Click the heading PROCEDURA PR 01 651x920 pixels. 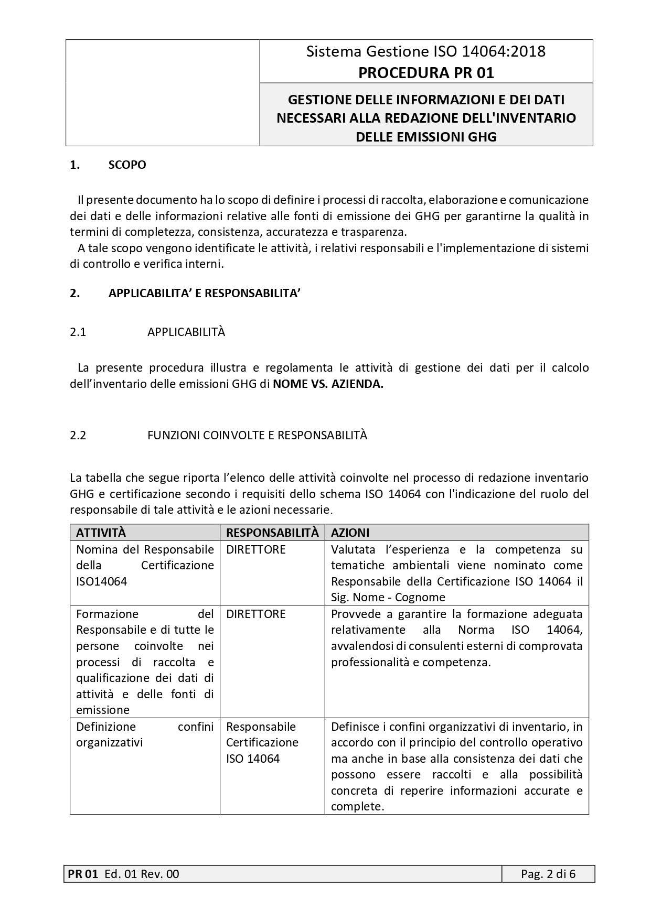coord(426,73)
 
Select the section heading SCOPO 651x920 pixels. coord(127,165)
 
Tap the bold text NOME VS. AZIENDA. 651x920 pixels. coord(328,384)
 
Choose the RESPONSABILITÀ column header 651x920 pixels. coord(272,533)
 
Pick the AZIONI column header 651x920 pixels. coord(350,533)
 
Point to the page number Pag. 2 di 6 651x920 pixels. coord(548,874)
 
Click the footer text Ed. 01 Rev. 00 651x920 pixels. coord(142,874)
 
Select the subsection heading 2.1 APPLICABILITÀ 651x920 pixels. coord(186,332)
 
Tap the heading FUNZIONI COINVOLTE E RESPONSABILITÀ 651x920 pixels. coord(257,435)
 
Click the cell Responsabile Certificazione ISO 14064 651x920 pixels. coord(262,742)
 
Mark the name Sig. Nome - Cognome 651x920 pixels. coord(388,597)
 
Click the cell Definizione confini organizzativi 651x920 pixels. coord(144,734)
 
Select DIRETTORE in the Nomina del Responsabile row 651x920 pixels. coord(256,549)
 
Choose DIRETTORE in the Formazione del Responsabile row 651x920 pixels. coord(256,614)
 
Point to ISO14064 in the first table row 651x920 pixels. coord(101,581)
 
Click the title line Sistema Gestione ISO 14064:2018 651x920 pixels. coord(426,51)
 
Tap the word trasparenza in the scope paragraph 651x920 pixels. coord(373,232)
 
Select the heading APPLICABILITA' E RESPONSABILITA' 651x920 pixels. coord(204,293)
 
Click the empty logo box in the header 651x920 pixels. coord(163,93)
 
